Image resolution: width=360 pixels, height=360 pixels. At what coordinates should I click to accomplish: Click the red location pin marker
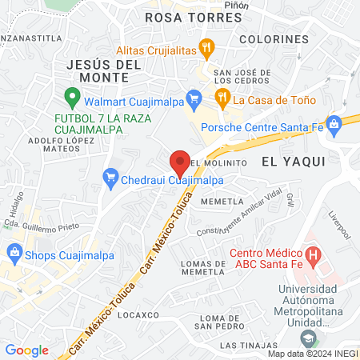pos(180,162)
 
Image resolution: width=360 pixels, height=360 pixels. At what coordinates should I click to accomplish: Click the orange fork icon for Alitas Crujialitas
pos(207,47)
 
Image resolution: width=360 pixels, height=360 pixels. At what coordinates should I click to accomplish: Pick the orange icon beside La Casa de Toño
pos(222,99)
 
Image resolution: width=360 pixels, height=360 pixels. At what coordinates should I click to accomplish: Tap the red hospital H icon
pos(314,257)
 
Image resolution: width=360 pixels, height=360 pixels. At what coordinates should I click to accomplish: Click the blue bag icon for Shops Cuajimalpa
pos(14,254)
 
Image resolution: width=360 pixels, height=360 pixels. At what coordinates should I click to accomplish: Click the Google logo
pos(26,350)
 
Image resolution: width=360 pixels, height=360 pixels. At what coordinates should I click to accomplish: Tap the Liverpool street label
pos(339,226)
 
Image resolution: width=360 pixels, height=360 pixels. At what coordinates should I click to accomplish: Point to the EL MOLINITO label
pos(217,161)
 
